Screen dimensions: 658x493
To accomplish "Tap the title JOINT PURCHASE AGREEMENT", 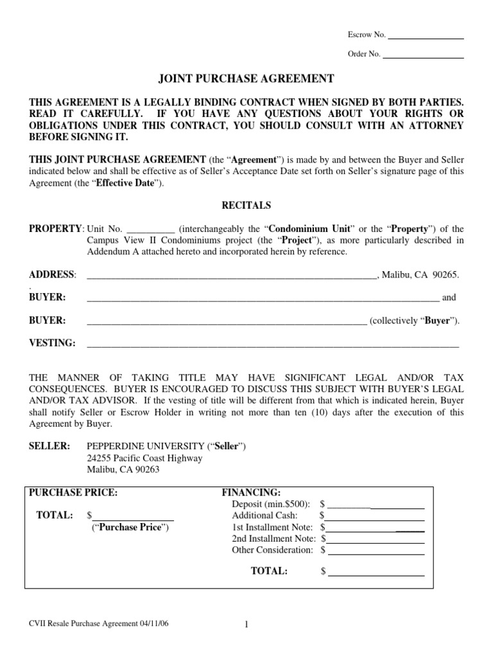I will [x=246, y=79].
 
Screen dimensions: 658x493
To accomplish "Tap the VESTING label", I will [x=53, y=343].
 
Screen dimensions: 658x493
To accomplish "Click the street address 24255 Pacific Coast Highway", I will [x=144, y=458].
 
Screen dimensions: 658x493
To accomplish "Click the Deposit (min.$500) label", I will [x=272, y=504].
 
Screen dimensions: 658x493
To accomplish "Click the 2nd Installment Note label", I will [x=274, y=538].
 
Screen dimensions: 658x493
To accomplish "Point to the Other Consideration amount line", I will [x=376, y=552].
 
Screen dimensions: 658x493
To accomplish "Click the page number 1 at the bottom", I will [x=246, y=625].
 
